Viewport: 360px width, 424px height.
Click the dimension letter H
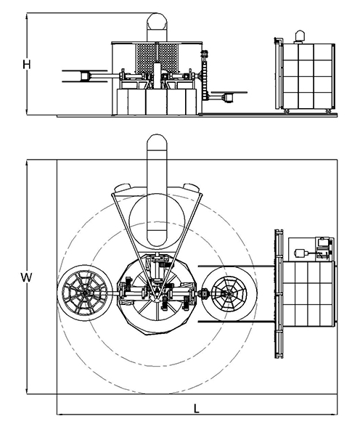point(26,65)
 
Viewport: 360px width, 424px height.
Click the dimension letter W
point(26,277)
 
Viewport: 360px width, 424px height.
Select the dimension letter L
point(197,408)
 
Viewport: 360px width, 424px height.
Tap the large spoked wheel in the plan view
point(85,293)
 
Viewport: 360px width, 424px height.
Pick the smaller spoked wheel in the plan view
point(229,294)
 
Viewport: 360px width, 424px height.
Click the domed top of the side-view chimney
point(157,20)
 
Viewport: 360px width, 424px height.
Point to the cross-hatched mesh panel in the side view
point(157,58)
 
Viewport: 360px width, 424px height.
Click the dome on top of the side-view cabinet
point(300,36)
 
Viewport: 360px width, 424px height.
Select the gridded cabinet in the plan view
point(307,293)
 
